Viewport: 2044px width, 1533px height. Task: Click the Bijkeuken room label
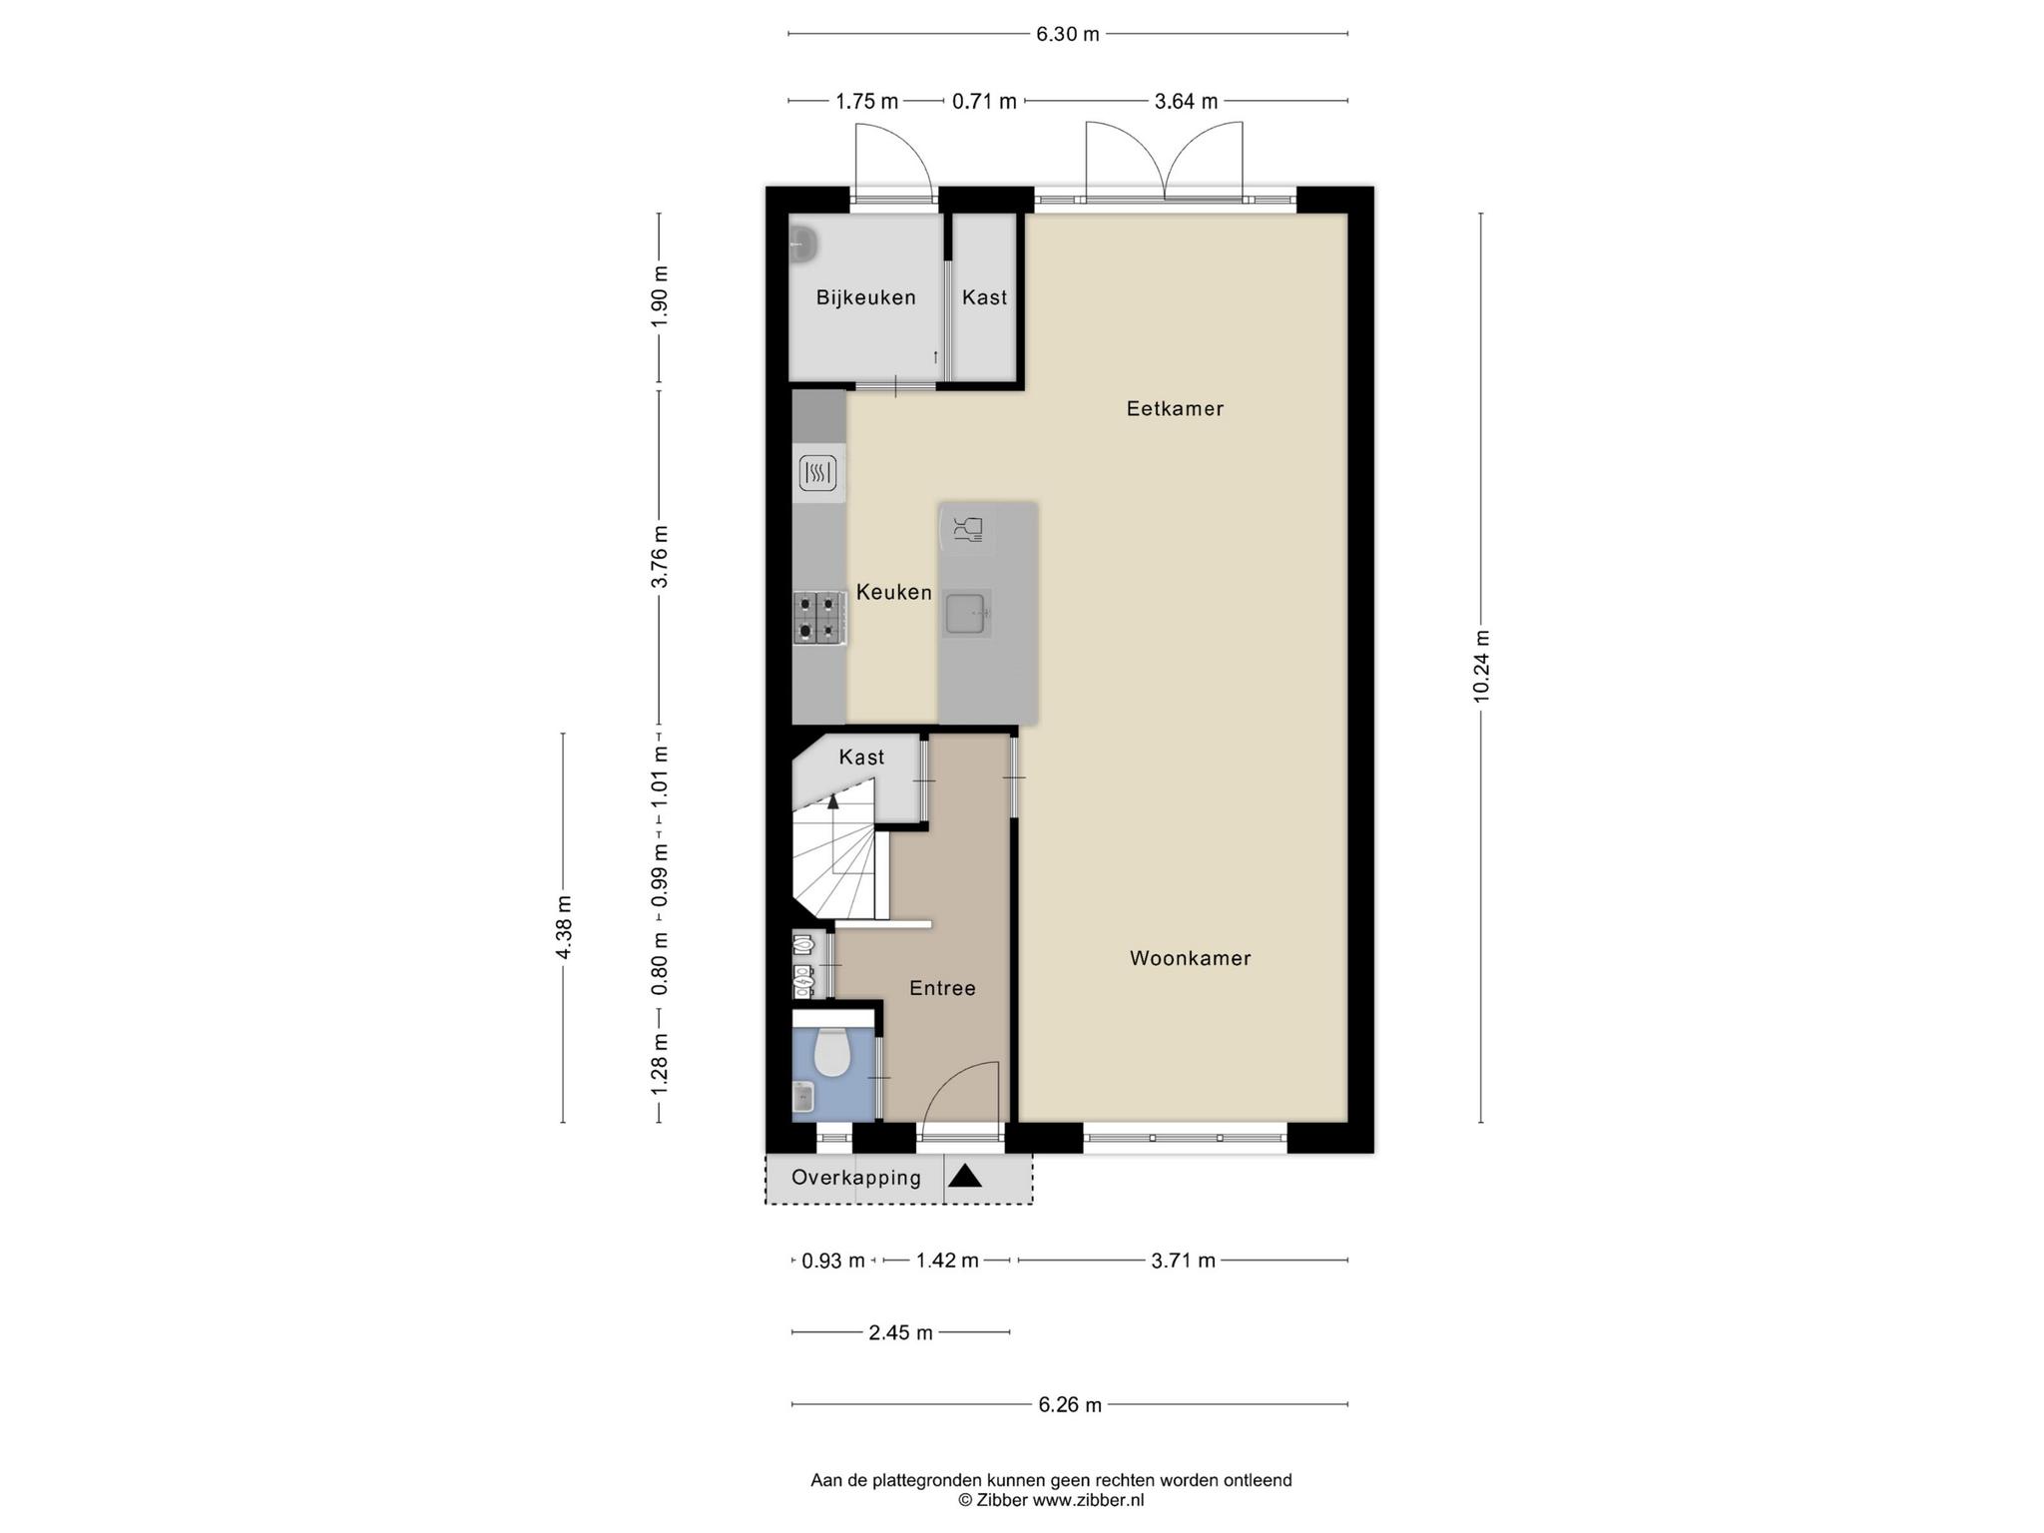[865, 297]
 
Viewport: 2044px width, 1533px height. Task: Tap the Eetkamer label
[1175, 408]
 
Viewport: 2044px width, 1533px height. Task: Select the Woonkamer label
[1190, 958]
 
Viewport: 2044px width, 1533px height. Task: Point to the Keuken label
[894, 593]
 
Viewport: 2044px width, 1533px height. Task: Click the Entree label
[942, 988]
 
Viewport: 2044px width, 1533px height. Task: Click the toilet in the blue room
[830, 1053]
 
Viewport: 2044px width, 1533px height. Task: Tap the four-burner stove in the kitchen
[819, 618]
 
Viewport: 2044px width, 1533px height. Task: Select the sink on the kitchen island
[966, 614]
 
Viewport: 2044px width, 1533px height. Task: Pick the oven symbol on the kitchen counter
[817, 473]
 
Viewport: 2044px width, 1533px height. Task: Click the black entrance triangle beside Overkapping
[965, 1176]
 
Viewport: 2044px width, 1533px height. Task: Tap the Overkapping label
[856, 1178]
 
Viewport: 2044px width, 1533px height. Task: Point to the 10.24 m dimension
[1481, 666]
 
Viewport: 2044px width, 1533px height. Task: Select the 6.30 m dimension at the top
[1068, 34]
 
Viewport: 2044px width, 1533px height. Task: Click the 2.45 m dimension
[900, 1332]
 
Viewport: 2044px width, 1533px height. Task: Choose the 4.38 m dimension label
[564, 927]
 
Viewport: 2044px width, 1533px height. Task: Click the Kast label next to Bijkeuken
[984, 297]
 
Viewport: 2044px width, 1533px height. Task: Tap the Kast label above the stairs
[861, 758]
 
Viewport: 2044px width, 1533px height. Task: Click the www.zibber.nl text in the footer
[1088, 1500]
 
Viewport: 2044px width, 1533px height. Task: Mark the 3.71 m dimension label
[1183, 1261]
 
